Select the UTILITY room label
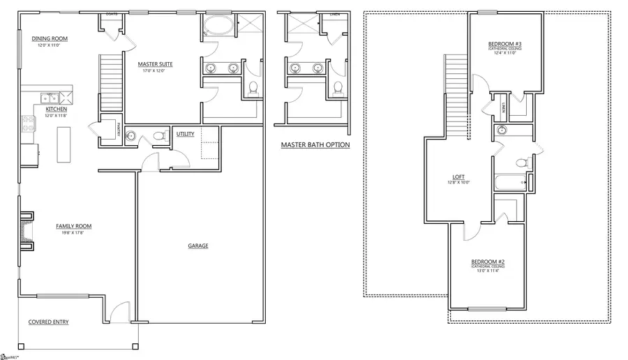[185, 134]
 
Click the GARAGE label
[197, 246]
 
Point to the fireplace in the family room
[26, 230]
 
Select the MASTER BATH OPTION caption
[315, 145]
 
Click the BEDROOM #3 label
[504, 45]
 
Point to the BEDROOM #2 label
[487, 261]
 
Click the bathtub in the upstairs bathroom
[509, 183]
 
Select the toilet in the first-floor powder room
[158, 135]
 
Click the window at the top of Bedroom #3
[486, 12]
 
